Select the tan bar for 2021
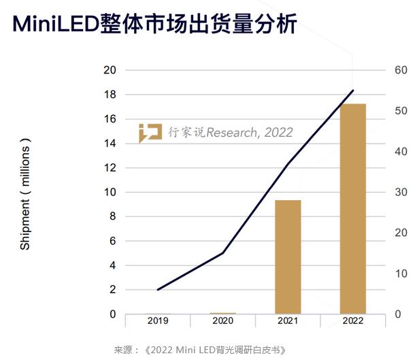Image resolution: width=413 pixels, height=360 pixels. coord(288,257)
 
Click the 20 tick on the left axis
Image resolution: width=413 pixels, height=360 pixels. coord(110,70)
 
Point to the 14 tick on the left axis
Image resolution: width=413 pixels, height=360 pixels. coord(110,144)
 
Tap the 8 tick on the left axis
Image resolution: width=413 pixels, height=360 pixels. coord(112,216)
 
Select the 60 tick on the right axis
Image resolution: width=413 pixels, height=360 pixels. coord(400,70)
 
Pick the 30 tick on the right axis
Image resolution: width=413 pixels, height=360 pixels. coord(400,193)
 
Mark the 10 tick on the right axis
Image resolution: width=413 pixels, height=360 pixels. coord(400,274)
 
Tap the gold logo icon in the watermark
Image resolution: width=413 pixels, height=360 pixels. coord(150,133)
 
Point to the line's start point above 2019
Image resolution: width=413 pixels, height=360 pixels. coord(158,290)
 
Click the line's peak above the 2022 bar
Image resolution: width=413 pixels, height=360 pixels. coord(353,91)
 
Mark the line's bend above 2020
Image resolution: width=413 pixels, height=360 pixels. coord(222,253)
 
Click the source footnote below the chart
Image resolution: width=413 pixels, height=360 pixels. coord(199,350)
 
